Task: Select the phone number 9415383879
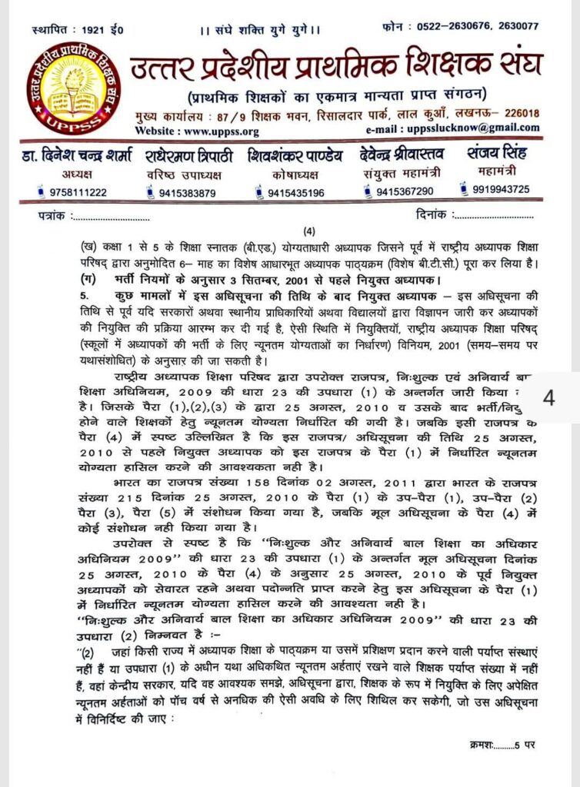tap(188, 192)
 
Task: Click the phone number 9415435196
tap(295, 192)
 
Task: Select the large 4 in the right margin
tap(548, 398)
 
